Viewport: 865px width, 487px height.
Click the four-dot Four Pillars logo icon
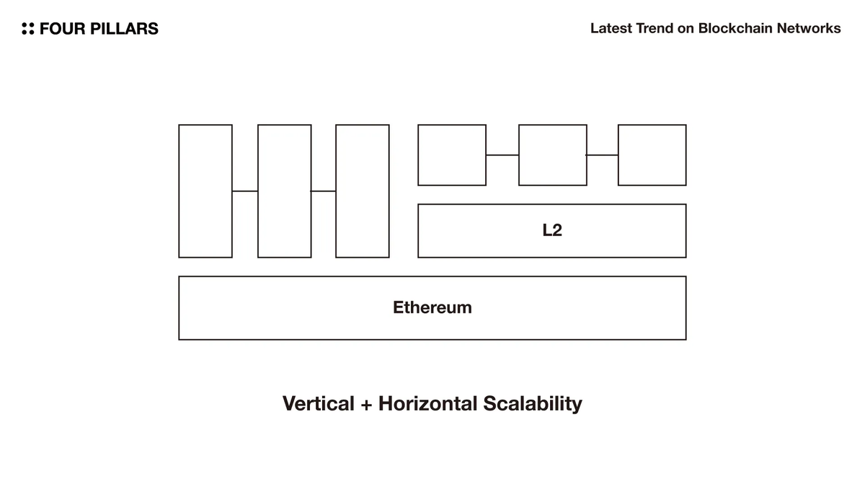click(x=28, y=29)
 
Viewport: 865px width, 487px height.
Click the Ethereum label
click(x=432, y=307)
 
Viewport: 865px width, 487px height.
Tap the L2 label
click(x=551, y=231)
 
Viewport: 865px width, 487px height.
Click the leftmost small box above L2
click(x=452, y=154)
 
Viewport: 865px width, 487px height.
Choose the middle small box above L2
click(x=552, y=154)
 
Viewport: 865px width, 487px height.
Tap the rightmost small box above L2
click(x=652, y=154)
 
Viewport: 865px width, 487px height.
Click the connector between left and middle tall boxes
click(x=245, y=191)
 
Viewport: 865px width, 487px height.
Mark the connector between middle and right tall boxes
click(x=324, y=191)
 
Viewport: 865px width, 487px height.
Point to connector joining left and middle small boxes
click(x=502, y=154)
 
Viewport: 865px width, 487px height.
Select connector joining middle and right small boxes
click(x=602, y=154)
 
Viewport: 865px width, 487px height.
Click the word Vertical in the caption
click(x=318, y=403)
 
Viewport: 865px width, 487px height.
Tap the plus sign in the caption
click(x=366, y=404)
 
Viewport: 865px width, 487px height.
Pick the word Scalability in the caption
click(x=532, y=403)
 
